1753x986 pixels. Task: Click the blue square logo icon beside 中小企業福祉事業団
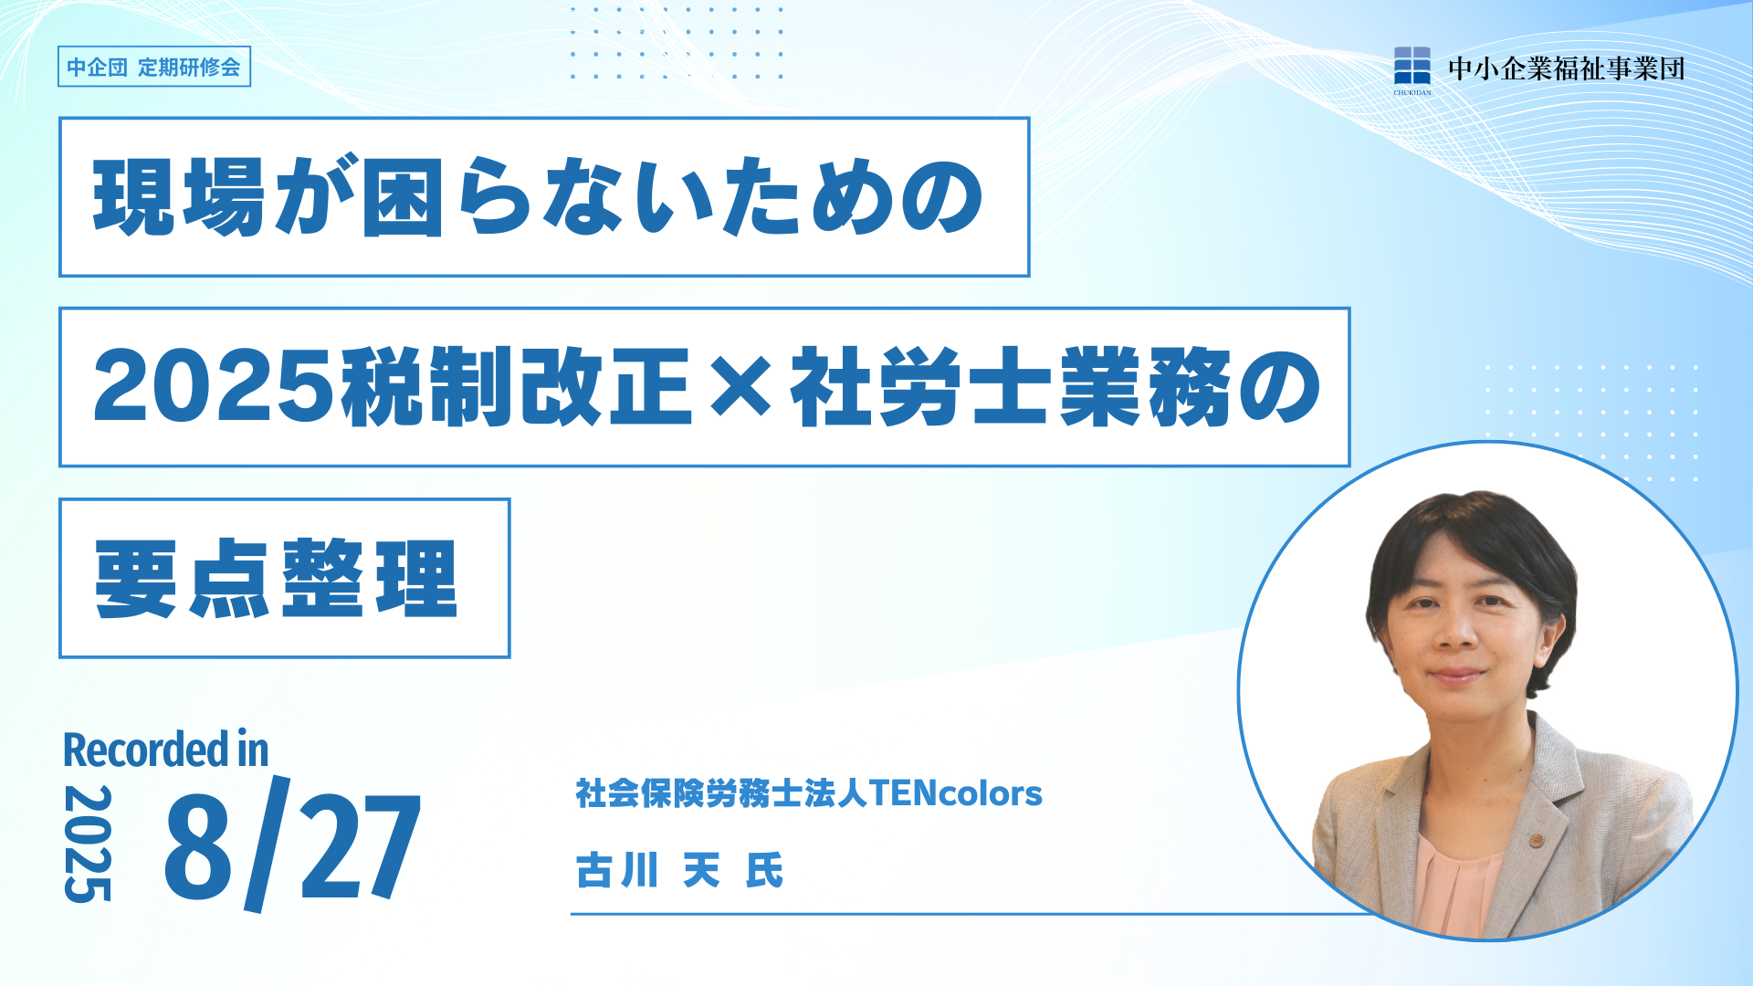coord(1412,66)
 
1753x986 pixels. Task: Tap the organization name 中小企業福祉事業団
coord(1567,68)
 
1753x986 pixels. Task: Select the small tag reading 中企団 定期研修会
coord(154,67)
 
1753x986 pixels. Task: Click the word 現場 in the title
coord(180,197)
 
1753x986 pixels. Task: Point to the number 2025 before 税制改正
coord(215,387)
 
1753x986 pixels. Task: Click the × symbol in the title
coord(740,388)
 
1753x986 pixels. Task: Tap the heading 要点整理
coord(276,578)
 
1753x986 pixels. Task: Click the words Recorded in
coord(165,750)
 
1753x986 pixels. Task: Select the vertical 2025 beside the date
coord(88,844)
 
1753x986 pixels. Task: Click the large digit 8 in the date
coord(198,846)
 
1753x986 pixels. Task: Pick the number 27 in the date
coord(360,846)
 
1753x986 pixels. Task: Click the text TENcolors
coord(956,793)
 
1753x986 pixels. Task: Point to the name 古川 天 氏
coord(679,870)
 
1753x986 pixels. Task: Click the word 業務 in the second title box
coord(1146,387)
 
